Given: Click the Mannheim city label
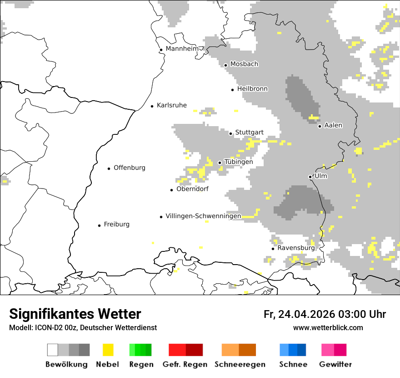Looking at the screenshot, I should (x=182, y=49).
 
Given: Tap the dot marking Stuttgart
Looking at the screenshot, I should (x=231, y=133).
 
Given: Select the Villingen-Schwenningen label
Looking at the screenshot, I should (x=203, y=216).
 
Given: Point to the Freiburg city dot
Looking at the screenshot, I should (x=99, y=225).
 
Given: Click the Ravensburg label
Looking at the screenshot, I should (x=296, y=248).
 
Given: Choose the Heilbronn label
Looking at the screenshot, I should (x=252, y=89).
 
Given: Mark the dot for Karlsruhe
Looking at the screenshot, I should (x=152, y=106).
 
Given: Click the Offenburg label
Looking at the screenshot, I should (x=130, y=168).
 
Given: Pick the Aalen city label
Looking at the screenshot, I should (x=333, y=125).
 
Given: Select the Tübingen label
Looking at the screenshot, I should (x=239, y=162).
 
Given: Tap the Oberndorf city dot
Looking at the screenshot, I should (x=172, y=190).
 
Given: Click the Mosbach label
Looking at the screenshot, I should (x=244, y=64).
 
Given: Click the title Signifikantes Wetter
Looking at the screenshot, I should (x=75, y=314).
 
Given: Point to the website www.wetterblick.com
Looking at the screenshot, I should (x=328, y=327).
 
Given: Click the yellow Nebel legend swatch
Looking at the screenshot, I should (x=108, y=350).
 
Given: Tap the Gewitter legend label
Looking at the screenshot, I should (x=335, y=364).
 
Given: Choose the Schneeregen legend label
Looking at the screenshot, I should (x=240, y=364).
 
